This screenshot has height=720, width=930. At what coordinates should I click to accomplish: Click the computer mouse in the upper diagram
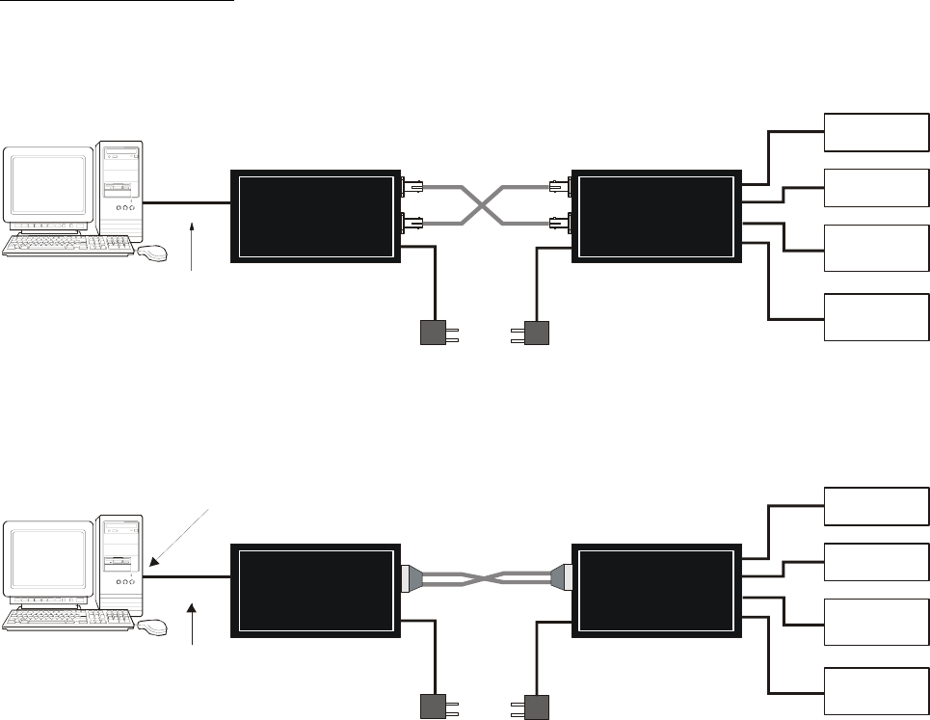click(152, 253)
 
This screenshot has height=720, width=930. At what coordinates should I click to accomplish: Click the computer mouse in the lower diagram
click(152, 628)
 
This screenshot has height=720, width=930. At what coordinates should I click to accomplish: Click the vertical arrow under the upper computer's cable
click(195, 247)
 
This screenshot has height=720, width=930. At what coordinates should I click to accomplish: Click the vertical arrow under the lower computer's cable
click(195, 623)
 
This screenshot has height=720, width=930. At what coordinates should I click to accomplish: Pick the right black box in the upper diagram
click(656, 215)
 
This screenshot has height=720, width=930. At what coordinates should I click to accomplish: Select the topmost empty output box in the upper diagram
click(874, 133)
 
